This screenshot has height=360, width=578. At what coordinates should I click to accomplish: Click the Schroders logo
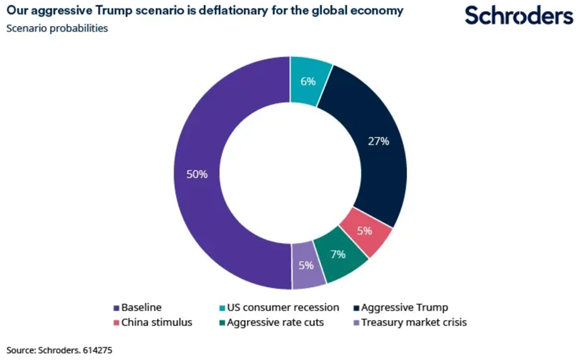point(519,15)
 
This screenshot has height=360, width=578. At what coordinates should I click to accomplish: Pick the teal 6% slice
point(308,80)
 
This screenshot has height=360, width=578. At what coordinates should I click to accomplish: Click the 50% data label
point(197,174)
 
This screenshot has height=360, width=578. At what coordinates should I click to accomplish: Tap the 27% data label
point(378,141)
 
